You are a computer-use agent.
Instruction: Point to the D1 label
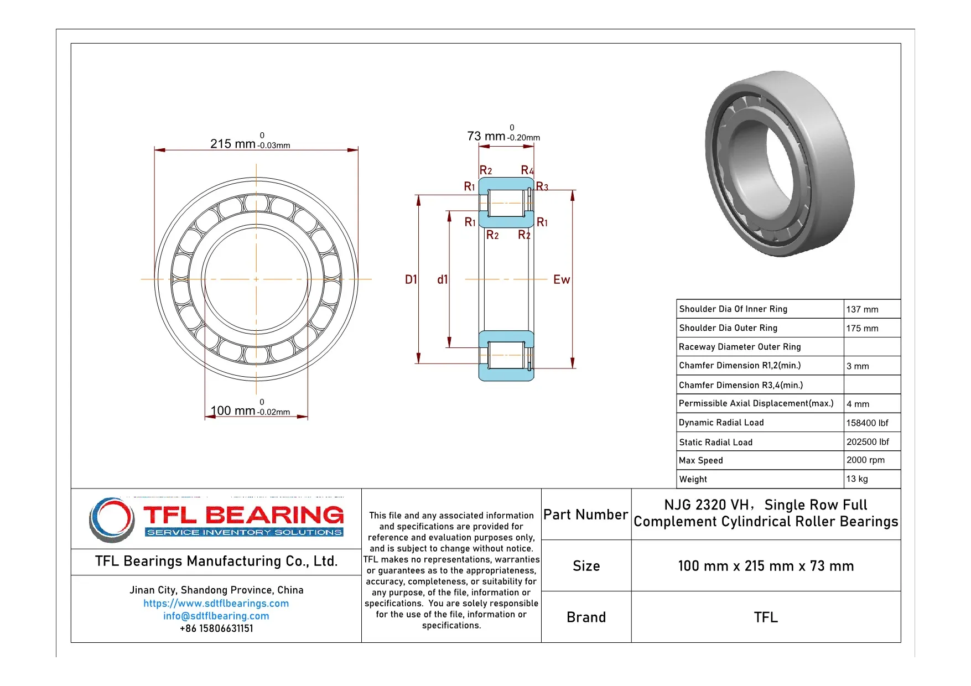click(x=411, y=279)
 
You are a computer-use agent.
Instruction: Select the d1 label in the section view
click(x=442, y=279)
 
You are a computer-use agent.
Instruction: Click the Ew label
click(x=561, y=279)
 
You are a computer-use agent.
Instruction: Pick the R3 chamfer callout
click(x=542, y=187)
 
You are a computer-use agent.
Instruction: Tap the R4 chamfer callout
click(x=527, y=170)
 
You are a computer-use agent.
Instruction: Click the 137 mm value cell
click(x=862, y=309)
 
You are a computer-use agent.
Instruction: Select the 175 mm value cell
click(x=862, y=328)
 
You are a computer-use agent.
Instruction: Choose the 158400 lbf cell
click(x=867, y=423)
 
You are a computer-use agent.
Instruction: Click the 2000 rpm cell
click(x=865, y=460)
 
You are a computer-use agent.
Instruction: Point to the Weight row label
click(x=693, y=479)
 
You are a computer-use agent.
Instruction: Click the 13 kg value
click(x=857, y=479)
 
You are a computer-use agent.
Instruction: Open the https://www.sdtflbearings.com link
click(x=216, y=603)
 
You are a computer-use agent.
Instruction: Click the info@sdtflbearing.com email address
click(x=216, y=616)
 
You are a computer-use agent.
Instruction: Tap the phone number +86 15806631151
click(x=216, y=628)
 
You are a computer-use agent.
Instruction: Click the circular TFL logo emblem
click(x=112, y=519)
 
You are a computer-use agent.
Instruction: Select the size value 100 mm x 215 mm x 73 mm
click(x=766, y=566)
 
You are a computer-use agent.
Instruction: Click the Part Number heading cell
click(x=585, y=514)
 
